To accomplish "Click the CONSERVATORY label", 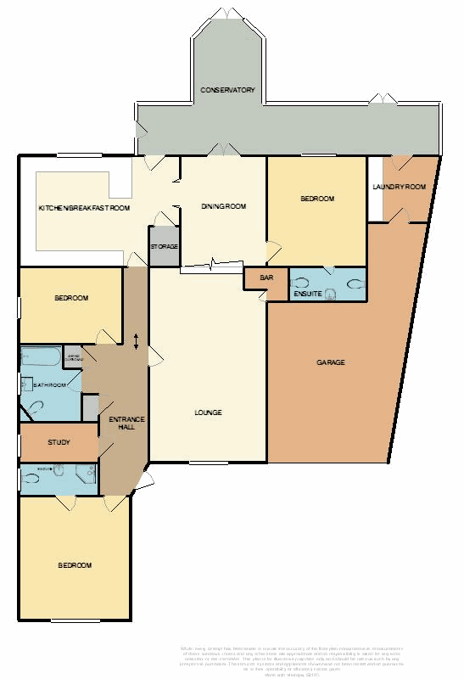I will pos(227,90).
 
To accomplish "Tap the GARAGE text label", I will pos(331,362).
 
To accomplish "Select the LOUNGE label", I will pos(208,412).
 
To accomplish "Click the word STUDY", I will pos(59,442).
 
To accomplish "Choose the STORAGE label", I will pos(165,246).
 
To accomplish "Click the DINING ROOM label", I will pos(223,206).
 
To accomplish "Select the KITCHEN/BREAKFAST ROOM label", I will pos(84,208).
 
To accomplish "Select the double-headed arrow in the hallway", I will pos(137,339).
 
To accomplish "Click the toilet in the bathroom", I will pos(35,407).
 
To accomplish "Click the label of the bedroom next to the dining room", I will pos(317,199).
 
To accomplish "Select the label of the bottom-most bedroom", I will pos(75,565).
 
